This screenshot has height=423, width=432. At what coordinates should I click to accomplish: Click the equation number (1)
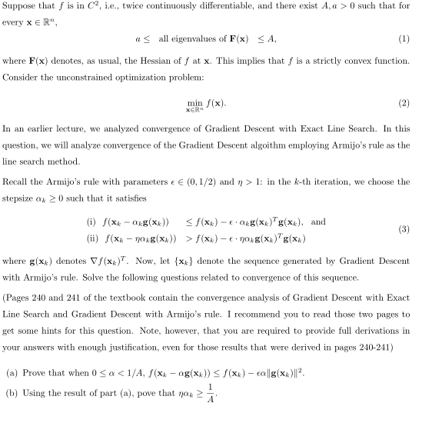click(x=421, y=39)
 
